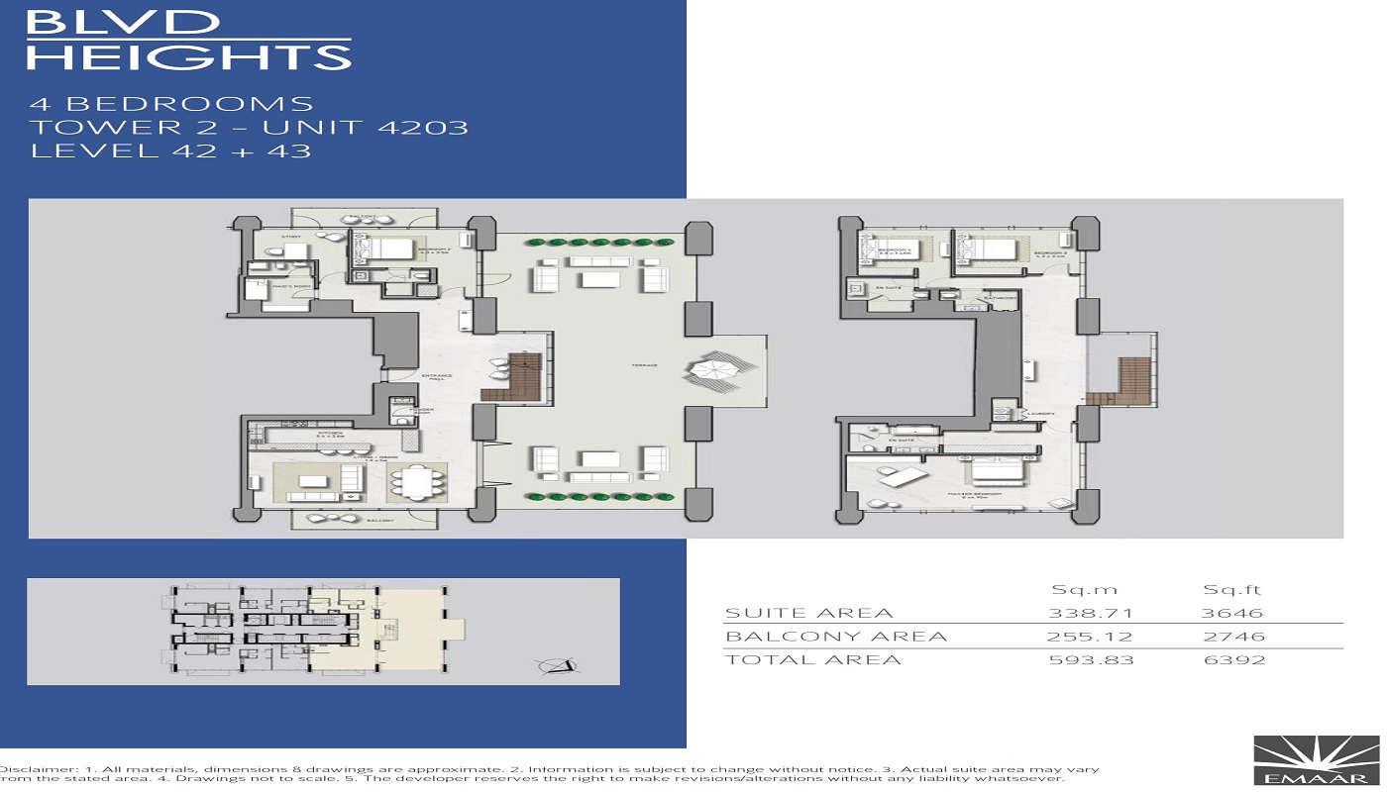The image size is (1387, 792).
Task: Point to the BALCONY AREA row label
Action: [836, 637]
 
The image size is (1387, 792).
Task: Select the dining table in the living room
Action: [416, 482]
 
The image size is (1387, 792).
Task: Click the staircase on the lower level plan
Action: [513, 377]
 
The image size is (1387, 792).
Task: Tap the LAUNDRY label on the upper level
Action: [1039, 415]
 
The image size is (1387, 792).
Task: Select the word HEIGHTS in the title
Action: [188, 56]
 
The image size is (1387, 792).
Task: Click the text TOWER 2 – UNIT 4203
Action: [249, 127]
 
